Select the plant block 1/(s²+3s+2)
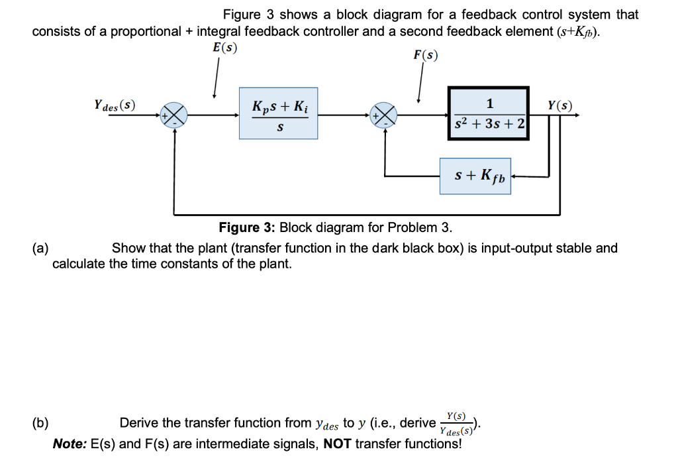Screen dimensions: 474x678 (489, 115)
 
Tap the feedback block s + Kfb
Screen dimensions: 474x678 (475, 176)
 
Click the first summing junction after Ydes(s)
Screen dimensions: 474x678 (175, 115)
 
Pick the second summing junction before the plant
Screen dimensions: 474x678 (385, 115)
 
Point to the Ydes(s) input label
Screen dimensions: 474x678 (115, 105)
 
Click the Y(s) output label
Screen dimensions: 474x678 (560, 105)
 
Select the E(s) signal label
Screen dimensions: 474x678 (224, 47)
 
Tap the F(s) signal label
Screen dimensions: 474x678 (426, 56)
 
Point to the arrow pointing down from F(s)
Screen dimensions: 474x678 (419, 86)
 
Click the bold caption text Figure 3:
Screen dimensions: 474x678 (247, 228)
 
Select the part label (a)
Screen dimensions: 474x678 (41, 249)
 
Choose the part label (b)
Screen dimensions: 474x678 (41, 423)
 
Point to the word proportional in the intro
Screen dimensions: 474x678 (150, 31)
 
